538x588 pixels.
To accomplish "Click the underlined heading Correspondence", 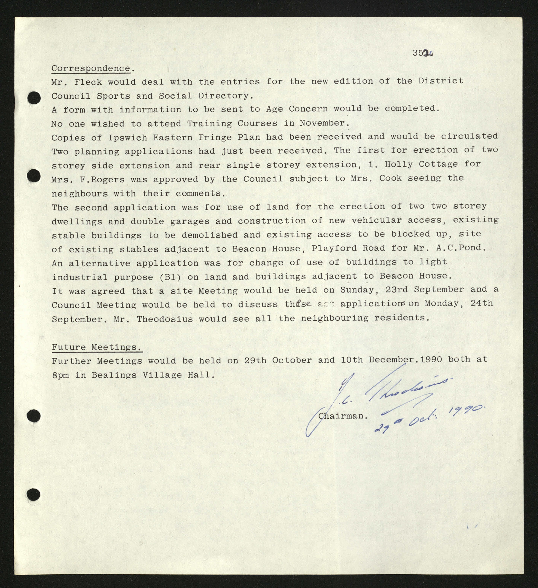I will click(91, 69).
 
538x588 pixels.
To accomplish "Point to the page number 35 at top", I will click(418, 53).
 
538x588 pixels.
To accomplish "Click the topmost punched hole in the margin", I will click(34, 98).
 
